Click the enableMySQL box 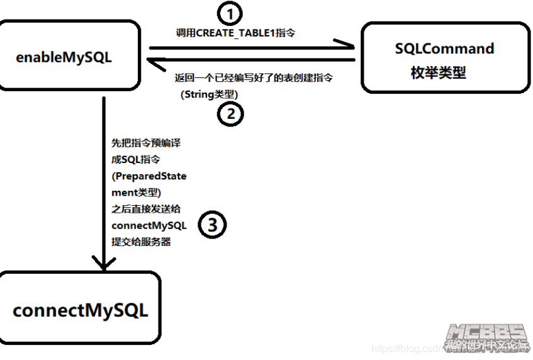point(69,55)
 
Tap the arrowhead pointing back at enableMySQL point(154,60)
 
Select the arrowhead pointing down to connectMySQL point(103,261)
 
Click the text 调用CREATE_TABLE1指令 point(235,33)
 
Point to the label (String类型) point(210,94)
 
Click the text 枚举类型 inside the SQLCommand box point(438,73)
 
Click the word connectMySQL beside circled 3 point(149,225)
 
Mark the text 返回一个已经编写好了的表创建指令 point(254,78)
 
